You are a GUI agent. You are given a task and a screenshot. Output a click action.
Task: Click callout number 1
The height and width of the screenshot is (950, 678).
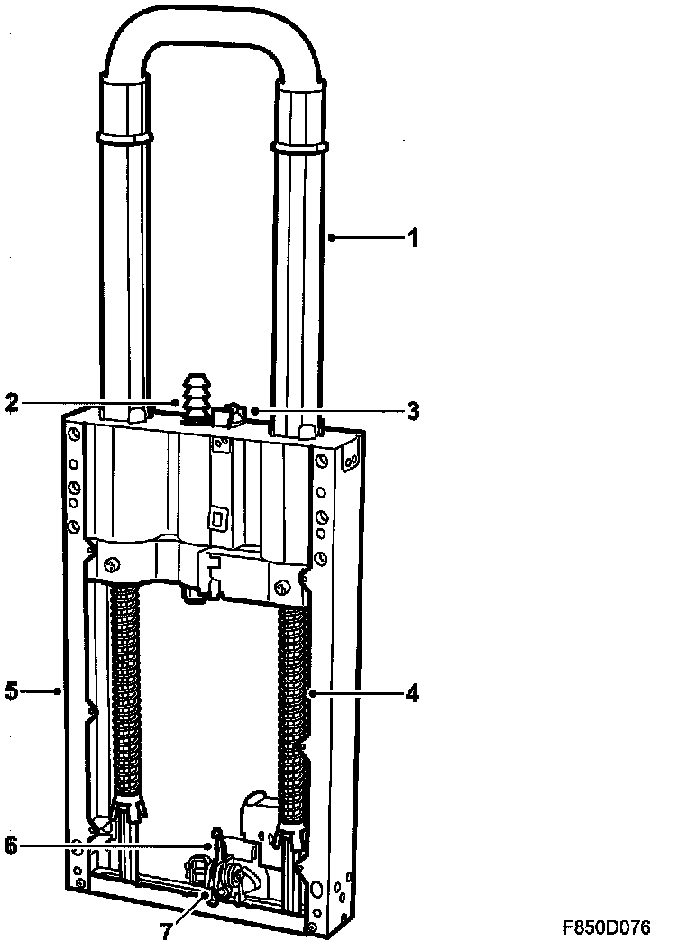[412, 238]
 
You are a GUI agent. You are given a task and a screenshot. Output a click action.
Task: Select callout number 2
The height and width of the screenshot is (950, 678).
[13, 403]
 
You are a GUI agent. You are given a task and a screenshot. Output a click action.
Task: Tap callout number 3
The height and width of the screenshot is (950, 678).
[412, 411]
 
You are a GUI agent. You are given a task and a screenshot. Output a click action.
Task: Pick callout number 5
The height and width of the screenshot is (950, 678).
[12, 692]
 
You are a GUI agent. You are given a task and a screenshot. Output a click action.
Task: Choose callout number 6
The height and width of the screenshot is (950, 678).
[13, 846]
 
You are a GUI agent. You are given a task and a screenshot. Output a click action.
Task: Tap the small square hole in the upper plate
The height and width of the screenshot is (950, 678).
[216, 518]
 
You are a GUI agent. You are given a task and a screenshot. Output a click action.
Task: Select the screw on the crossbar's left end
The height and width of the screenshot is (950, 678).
[112, 567]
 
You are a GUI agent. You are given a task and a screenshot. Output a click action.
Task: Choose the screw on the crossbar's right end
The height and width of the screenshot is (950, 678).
[281, 588]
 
